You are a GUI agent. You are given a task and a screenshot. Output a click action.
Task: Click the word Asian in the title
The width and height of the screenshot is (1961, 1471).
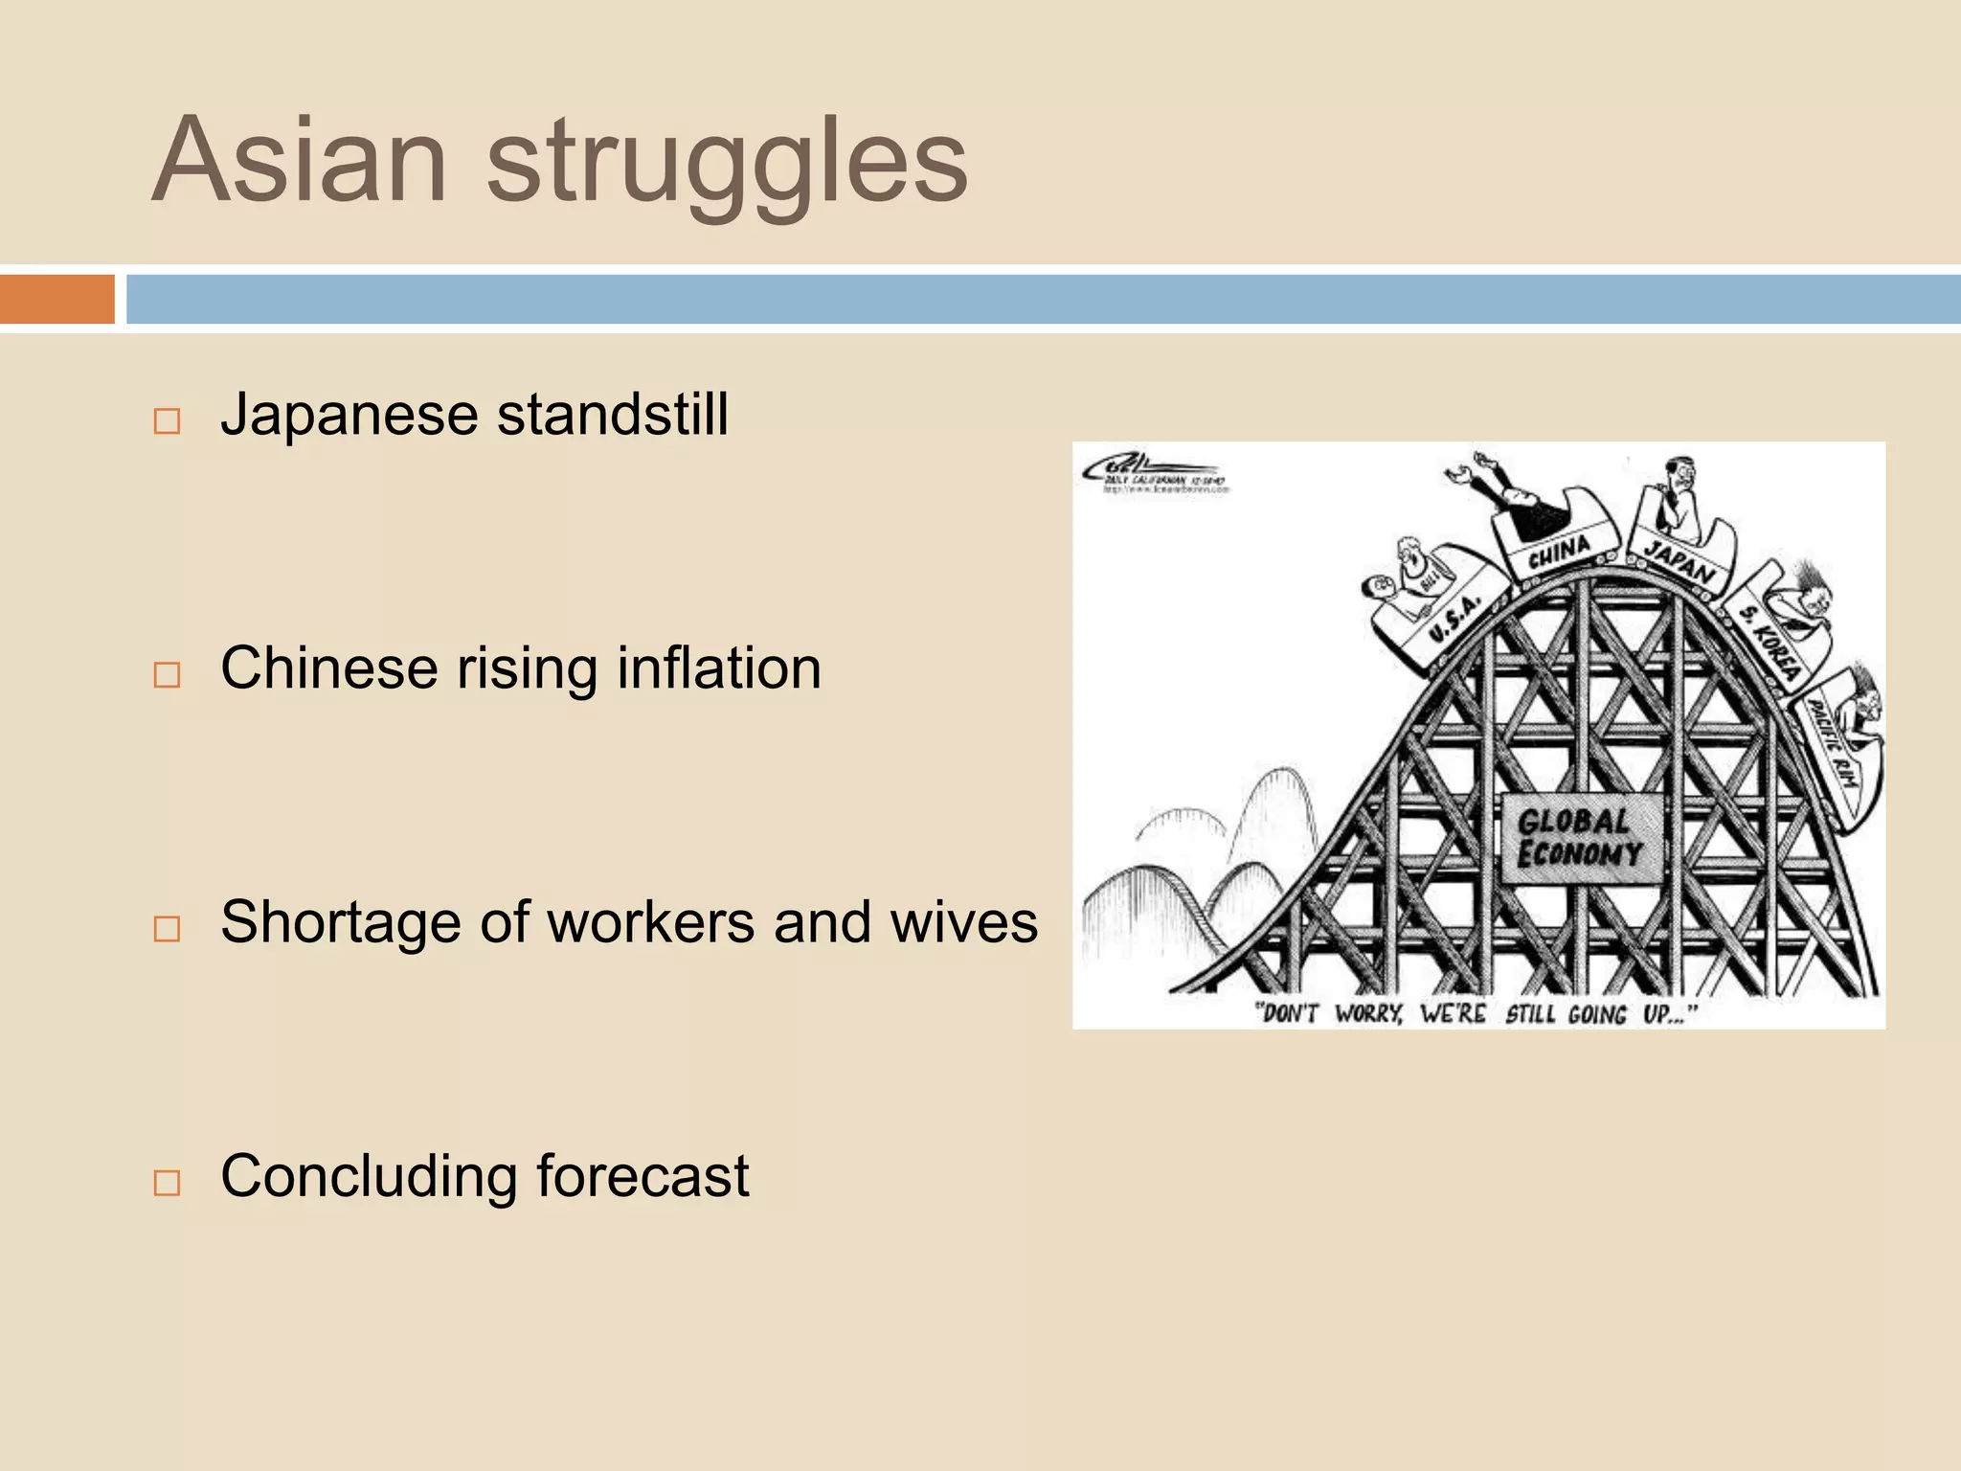[300, 161]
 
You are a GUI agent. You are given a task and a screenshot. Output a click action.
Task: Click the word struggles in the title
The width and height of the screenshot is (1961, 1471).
[728, 165]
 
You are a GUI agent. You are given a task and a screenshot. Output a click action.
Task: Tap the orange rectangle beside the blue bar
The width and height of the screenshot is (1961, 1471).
[56, 299]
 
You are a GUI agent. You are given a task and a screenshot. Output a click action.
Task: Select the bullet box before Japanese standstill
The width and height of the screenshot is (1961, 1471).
[167, 421]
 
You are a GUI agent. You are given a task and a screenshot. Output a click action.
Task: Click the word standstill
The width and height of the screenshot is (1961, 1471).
[613, 415]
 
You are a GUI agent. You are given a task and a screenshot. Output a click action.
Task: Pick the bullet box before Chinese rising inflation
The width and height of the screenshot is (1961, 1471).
[167, 675]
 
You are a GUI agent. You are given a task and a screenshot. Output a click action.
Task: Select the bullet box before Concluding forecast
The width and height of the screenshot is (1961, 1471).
[167, 1183]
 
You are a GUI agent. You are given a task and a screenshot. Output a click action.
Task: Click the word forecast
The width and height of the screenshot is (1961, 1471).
[642, 1176]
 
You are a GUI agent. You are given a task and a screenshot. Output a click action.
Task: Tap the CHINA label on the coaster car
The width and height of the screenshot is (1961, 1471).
[1559, 554]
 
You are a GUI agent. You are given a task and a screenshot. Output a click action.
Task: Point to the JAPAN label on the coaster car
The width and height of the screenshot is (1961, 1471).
[1680, 562]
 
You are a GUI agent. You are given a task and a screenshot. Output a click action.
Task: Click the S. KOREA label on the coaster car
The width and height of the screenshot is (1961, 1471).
[1770, 642]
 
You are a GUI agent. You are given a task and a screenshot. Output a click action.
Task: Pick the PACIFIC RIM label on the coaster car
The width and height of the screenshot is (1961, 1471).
[1832, 744]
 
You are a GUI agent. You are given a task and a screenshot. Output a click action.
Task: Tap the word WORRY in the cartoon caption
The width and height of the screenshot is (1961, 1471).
[1368, 1013]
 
